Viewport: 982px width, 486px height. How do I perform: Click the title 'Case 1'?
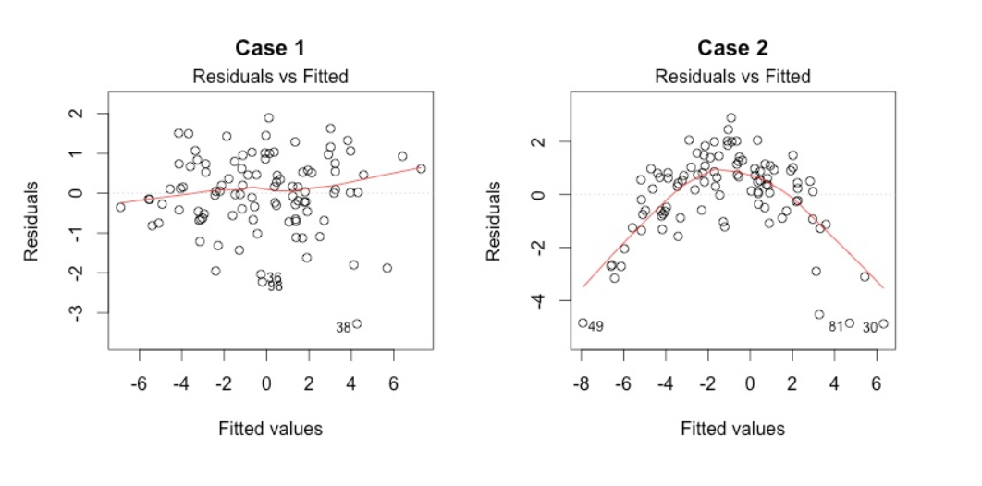tap(270, 47)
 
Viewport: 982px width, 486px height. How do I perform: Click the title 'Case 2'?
tap(732, 47)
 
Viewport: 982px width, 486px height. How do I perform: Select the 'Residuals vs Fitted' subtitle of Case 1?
tap(270, 77)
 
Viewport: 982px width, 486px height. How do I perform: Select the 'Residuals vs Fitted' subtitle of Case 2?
tap(732, 77)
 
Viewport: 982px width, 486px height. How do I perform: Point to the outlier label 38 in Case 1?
tap(343, 328)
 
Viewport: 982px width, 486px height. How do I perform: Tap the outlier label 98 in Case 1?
tap(275, 287)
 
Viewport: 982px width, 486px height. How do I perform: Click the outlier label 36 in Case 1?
tap(274, 278)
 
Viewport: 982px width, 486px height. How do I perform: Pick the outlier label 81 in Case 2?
tap(835, 327)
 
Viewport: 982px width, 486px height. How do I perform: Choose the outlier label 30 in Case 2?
tap(870, 328)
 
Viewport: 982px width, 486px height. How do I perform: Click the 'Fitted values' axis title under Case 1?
tap(270, 429)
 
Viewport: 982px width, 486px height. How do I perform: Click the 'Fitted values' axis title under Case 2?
tap(732, 429)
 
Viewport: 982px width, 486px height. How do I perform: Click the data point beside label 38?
tap(357, 324)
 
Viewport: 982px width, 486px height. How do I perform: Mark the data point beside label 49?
tap(583, 323)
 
